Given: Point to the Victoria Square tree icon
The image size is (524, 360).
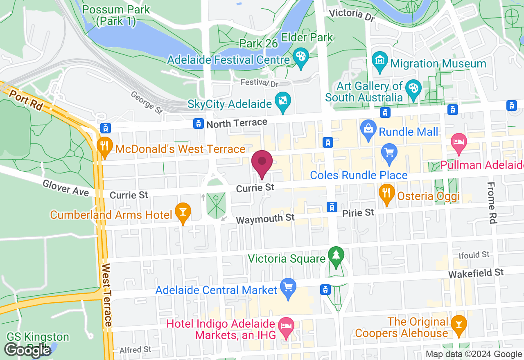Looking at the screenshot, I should click(x=336, y=256).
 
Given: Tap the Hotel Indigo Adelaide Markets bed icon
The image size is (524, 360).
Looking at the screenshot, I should click(x=285, y=326).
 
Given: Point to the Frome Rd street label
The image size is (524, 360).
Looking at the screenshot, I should click(x=492, y=203).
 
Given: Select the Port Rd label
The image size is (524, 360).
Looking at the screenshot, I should click(x=25, y=100).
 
